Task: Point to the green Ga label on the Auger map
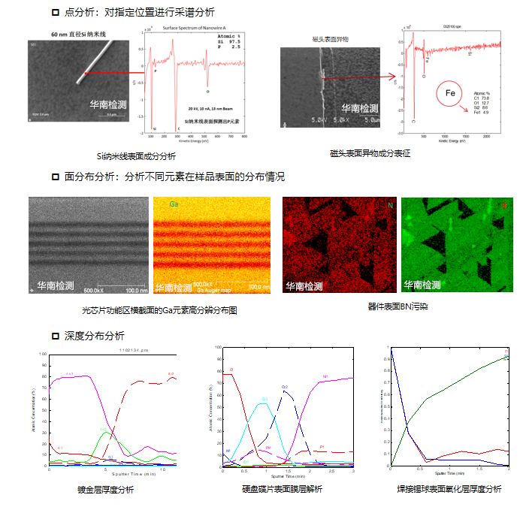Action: (174, 204)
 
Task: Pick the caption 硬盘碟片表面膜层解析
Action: (282, 489)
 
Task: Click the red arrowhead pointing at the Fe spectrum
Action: (391, 77)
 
